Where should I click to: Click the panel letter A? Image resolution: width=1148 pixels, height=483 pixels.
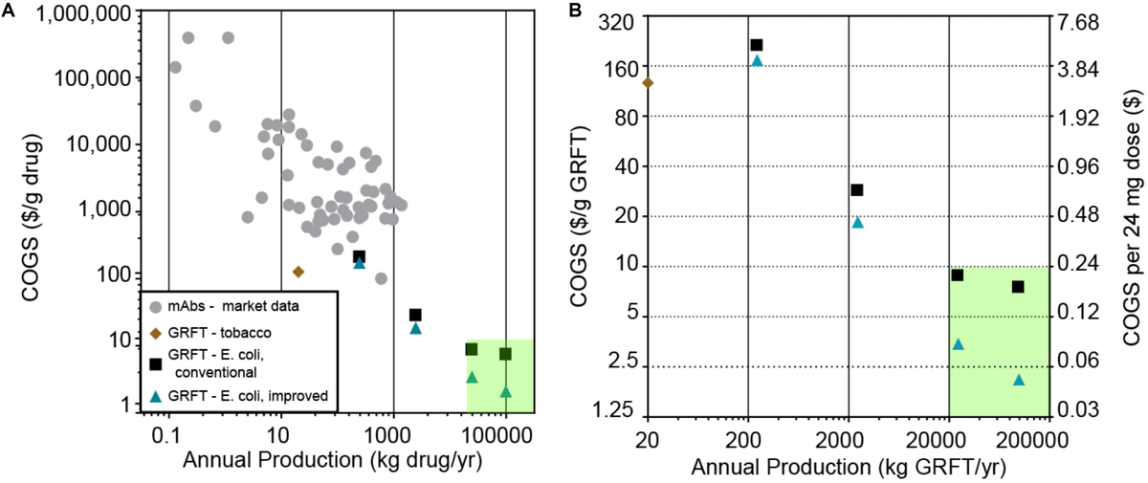pyautogui.click(x=9, y=11)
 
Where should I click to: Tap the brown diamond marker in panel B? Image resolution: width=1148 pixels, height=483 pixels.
pyautogui.click(x=648, y=83)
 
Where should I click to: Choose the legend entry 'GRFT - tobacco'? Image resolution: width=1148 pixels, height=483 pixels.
pyautogui.click(x=217, y=333)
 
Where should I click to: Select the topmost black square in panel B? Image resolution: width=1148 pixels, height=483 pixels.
pyautogui.click(x=756, y=45)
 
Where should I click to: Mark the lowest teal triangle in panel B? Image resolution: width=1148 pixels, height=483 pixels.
pyautogui.click(x=1019, y=380)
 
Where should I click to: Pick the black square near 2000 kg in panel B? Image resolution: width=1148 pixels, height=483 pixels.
pyautogui.click(x=857, y=190)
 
